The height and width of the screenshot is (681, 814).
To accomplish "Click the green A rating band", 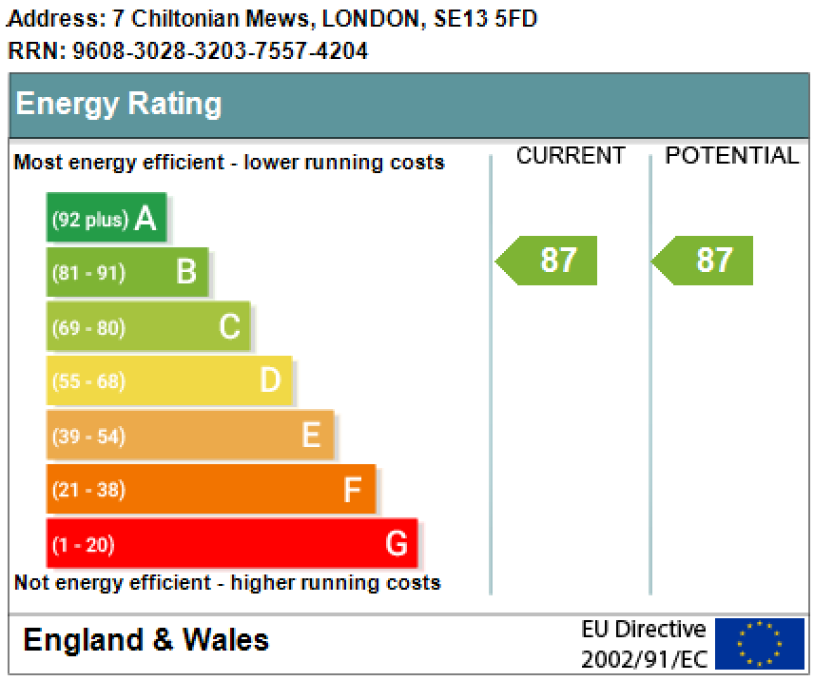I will (106, 218).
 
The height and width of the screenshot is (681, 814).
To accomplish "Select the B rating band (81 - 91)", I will (126, 272).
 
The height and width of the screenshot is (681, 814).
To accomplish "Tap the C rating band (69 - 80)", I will (147, 327).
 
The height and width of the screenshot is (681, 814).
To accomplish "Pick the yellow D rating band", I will (168, 381).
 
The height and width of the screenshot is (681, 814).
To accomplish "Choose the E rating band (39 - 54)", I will (189, 436).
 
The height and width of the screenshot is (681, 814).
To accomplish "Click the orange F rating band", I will (210, 490).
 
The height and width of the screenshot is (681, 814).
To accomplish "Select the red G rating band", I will (231, 544).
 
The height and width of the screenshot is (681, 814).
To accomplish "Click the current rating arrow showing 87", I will (548, 260).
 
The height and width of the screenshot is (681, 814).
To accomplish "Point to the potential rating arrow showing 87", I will (704, 260).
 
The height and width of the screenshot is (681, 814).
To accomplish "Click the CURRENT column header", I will (571, 156).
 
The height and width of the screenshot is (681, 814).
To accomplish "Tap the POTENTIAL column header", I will (731, 156).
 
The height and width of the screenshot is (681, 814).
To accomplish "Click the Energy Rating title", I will (119, 104).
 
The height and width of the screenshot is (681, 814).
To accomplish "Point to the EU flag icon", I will (759, 644).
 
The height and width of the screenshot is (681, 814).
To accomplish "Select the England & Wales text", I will (145, 640).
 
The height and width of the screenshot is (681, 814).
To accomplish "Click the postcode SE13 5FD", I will (485, 18).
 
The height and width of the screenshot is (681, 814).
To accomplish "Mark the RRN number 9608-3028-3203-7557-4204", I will (220, 50).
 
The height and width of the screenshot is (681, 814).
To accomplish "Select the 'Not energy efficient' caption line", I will (227, 582).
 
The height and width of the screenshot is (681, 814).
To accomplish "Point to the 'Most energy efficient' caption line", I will (229, 162).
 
